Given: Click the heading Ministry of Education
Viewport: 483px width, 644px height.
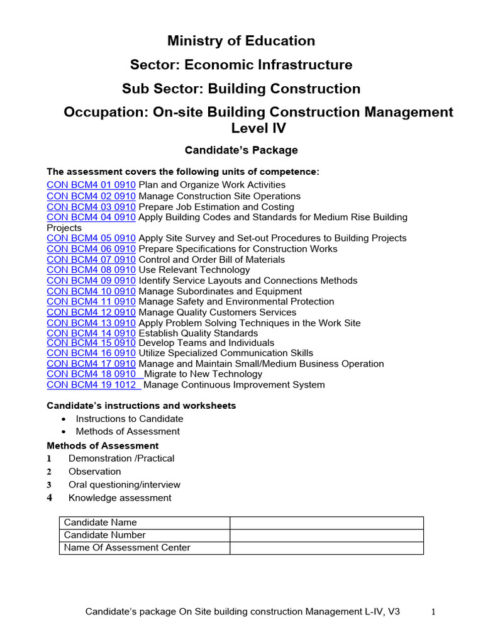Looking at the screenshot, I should [x=241, y=42].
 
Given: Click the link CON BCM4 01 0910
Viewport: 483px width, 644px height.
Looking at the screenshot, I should [x=91, y=185].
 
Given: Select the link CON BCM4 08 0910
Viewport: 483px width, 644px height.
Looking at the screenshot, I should [x=91, y=270].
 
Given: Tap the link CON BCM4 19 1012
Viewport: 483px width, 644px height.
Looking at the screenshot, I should [x=94, y=385].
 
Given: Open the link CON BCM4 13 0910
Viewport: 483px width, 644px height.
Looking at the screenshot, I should [x=91, y=323].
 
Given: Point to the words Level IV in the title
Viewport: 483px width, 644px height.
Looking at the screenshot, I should [x=258, y=128].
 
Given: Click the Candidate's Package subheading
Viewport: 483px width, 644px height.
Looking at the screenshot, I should [x=241, y=150].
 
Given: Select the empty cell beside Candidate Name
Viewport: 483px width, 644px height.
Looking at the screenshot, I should [x=326, y=523].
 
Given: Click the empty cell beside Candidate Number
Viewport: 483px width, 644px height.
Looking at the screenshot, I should [x=326, y=535].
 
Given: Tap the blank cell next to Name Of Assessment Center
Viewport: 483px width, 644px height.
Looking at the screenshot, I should [x=326, y=548].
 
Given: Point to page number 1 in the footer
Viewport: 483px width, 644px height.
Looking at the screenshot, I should [x=433, y=611].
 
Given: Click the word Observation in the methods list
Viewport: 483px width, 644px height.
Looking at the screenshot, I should [x=94, y=472].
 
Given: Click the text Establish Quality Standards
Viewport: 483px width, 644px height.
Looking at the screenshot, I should [x=198, y=333].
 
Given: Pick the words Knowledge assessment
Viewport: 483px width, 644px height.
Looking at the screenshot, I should [x=119, y=498].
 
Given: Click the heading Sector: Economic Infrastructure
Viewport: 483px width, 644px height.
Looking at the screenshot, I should [x=241, y=65].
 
